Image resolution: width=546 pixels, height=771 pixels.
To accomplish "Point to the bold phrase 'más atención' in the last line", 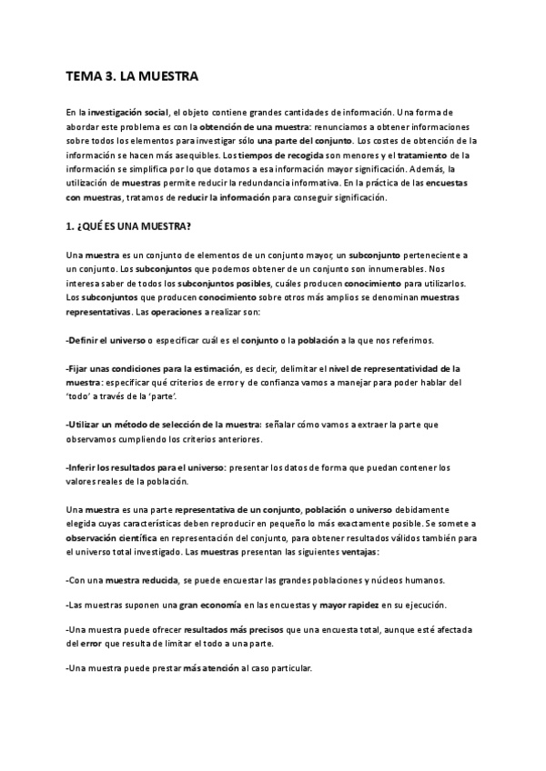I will [x=210, y=668].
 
